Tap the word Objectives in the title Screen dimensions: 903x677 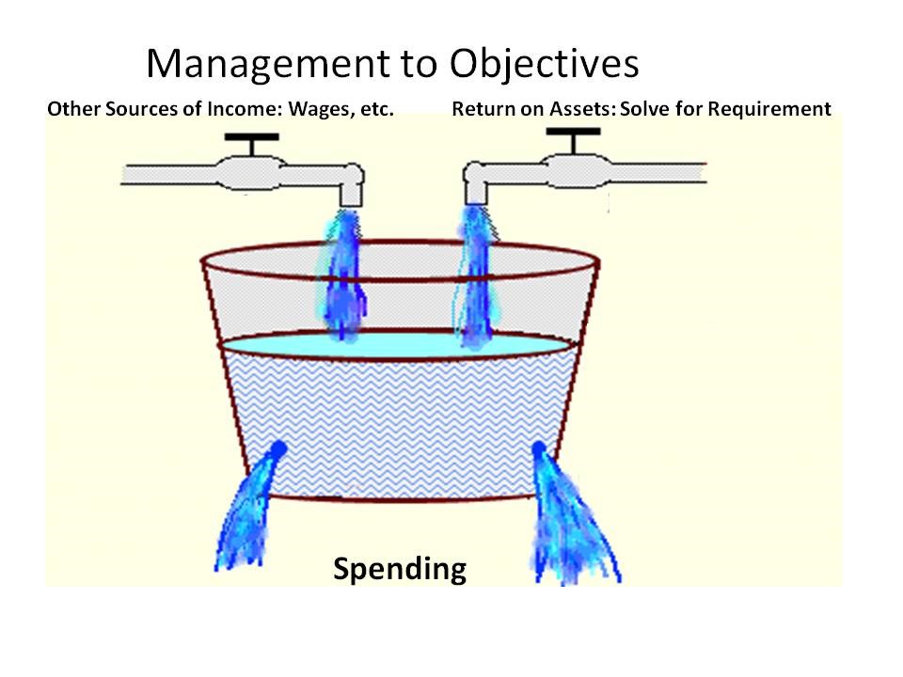(544, 63)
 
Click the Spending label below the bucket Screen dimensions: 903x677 (400, 570)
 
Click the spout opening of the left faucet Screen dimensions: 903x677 (351, 203)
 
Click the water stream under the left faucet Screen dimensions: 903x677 (342, 275)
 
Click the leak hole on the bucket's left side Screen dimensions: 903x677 (278, 449)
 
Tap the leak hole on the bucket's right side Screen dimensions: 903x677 (539, 449)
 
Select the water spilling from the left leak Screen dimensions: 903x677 (247, 510)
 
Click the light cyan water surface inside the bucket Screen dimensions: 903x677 (397, 345)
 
